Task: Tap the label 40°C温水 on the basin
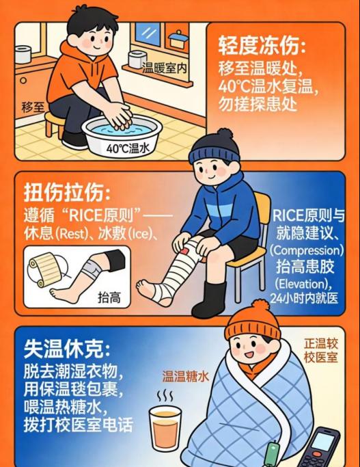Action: (128, 148)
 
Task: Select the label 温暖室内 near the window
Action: (164, 68)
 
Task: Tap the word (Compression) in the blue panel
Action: (307, 250)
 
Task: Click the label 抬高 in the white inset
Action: (109, 297)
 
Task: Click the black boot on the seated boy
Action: (210, 299)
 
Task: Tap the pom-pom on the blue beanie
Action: (225, 135)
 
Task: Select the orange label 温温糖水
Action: (186, 376)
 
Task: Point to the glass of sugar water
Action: (165, 428)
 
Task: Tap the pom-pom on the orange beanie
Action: (260, 308)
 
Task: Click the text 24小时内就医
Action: (304, 298)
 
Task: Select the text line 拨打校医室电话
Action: (79, 424)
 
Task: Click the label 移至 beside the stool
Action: (33, 107)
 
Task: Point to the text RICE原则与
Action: (309, 215)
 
